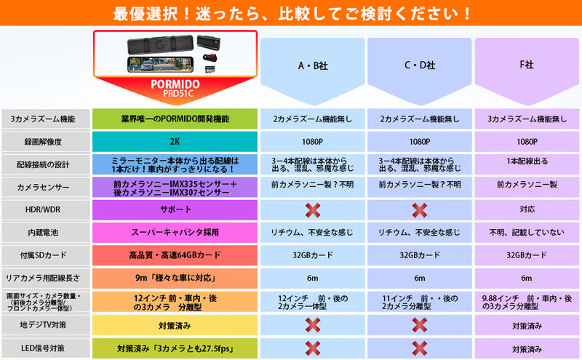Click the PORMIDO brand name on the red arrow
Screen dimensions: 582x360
point(175,84)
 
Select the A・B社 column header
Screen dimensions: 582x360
point(313,65)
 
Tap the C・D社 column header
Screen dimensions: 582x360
point(420,65)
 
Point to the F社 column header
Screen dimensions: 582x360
point(527,65)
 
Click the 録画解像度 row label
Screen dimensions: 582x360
point(43,142)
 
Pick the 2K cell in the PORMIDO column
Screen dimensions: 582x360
point(175,141)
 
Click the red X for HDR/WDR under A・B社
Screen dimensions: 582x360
point(313,210)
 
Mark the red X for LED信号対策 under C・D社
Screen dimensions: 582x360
point(420,348)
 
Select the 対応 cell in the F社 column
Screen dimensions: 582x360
point(527,209)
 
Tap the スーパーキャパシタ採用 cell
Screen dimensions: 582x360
point(175,232)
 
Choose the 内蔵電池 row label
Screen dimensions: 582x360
point(43,233)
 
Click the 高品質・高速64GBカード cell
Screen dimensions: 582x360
point(175,255)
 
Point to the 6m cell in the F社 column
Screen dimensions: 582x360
point(526,278)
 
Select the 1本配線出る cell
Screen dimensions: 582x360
point(527,161)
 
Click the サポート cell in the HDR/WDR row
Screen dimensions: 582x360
point(175,209)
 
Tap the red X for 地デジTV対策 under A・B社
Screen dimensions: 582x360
point(313,325)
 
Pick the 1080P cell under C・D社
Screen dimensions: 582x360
point(420,142)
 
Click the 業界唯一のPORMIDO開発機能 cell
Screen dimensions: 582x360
point(175,119)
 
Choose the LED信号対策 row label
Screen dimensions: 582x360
point(43,348)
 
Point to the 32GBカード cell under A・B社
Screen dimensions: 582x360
point(313,255)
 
